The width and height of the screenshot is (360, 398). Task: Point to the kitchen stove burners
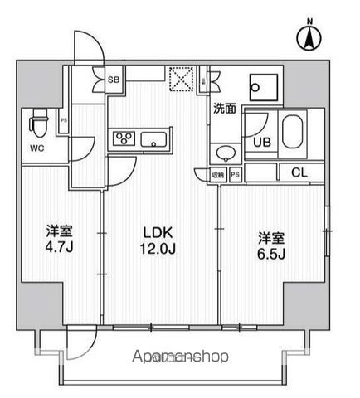(x=124, y=138)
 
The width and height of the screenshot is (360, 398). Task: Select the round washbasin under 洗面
(x=223, y=153)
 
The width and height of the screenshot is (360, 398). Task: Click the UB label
(x=261, y=142)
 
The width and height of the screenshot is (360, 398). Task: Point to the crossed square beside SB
(x=178, y=79)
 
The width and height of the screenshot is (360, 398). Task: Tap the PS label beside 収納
(x=236, y=174)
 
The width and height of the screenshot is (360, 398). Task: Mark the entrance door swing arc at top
(x=83, y=41)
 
